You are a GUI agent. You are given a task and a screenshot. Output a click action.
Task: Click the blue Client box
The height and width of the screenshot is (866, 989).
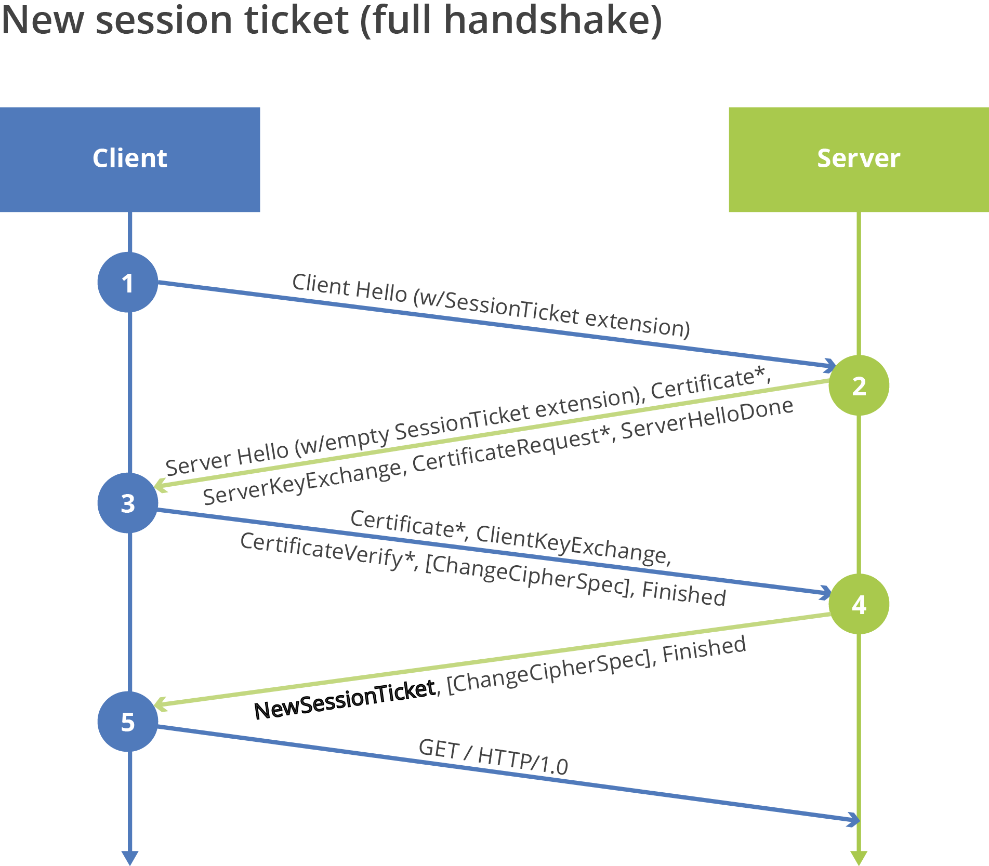pos(130,159)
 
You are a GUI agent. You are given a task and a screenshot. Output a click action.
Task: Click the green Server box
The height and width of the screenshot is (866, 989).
pos(859,159)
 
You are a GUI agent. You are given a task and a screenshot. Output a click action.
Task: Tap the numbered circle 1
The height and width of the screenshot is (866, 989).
pos(128,283)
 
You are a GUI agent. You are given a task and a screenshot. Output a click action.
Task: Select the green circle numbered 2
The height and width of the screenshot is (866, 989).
pos(859,385)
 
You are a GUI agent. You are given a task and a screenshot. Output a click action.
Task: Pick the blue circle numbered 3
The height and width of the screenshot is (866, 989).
pos(128,503)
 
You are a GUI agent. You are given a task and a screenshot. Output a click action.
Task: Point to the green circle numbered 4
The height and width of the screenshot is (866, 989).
pos(859,604)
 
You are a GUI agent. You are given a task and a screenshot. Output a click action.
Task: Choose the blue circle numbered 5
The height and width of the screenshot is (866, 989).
pos(128,722)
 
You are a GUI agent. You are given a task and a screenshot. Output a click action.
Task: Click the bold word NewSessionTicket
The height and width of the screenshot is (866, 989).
pos(345,700)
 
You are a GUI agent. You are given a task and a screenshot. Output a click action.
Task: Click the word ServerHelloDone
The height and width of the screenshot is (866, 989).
pos(707,419)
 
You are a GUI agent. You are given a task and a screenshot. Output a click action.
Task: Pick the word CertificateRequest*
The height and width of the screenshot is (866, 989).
pos(511,449)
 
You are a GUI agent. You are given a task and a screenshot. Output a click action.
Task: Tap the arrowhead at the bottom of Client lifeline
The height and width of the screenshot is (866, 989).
pos(130,858)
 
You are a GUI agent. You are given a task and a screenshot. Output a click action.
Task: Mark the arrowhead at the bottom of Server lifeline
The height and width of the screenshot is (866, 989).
pos(859,858)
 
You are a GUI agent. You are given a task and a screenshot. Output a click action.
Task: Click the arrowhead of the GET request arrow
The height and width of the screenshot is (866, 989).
pos(854,820)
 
